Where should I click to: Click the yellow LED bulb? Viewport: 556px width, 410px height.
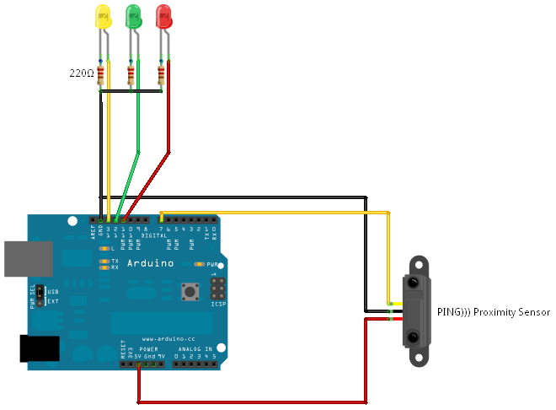[103, 17]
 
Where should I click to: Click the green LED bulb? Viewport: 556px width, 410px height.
[132, 17]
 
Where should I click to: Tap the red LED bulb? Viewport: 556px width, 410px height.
[163, 16]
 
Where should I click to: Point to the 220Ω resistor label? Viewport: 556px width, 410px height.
[81, 73]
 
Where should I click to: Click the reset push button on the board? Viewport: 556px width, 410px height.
[190, 292]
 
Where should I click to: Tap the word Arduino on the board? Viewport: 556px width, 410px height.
[151, 264]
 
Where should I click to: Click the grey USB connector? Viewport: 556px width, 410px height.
[22, 259]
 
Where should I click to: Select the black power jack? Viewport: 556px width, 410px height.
[39, 348]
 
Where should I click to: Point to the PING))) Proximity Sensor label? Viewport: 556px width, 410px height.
[493, 312]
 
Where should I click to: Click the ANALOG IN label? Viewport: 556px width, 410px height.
[195, 348]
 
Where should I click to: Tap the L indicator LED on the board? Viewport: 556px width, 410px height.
[104, 249]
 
